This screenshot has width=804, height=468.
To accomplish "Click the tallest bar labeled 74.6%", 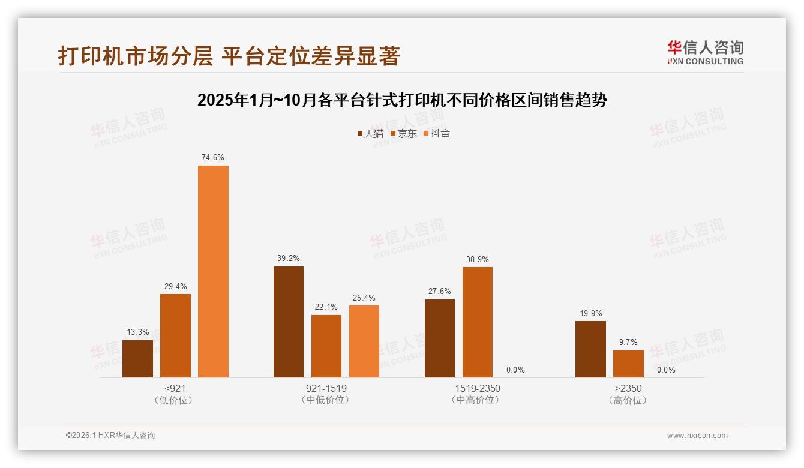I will click(213, 271).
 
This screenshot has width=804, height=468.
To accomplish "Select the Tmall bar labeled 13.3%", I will click(137, 359).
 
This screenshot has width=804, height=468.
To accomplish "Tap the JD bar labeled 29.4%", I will click(175, 335).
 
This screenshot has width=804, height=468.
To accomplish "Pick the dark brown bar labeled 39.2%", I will click(289, 322).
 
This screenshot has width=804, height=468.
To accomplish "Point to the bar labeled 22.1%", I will click(326, 346).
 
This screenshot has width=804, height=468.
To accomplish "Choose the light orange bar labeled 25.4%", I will click(364, 341).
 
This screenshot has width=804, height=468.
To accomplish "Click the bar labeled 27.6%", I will click(440, 338).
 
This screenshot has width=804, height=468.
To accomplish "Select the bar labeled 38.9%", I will click(478, 322).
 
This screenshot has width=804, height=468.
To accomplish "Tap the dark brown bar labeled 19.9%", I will click(590, 349).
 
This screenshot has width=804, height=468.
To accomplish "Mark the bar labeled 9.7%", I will click(628, 364).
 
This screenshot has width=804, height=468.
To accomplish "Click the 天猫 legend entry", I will click(370, 133).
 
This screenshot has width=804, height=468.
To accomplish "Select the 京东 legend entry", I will click(403, 133).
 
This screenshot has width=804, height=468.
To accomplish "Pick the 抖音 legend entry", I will click(437, 133).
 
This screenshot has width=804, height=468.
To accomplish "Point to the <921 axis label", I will click(175, 388).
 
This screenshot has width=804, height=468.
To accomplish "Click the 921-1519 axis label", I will click(326, 388).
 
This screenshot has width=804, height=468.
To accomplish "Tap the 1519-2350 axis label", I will click(478, 388).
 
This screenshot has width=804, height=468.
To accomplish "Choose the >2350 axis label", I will click(628, 388).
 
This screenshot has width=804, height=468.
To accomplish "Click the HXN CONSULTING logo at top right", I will click(705, 53).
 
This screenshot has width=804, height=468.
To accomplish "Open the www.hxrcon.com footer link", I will click(697, 436).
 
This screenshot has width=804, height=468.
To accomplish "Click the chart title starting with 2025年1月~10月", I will click(402, 100).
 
